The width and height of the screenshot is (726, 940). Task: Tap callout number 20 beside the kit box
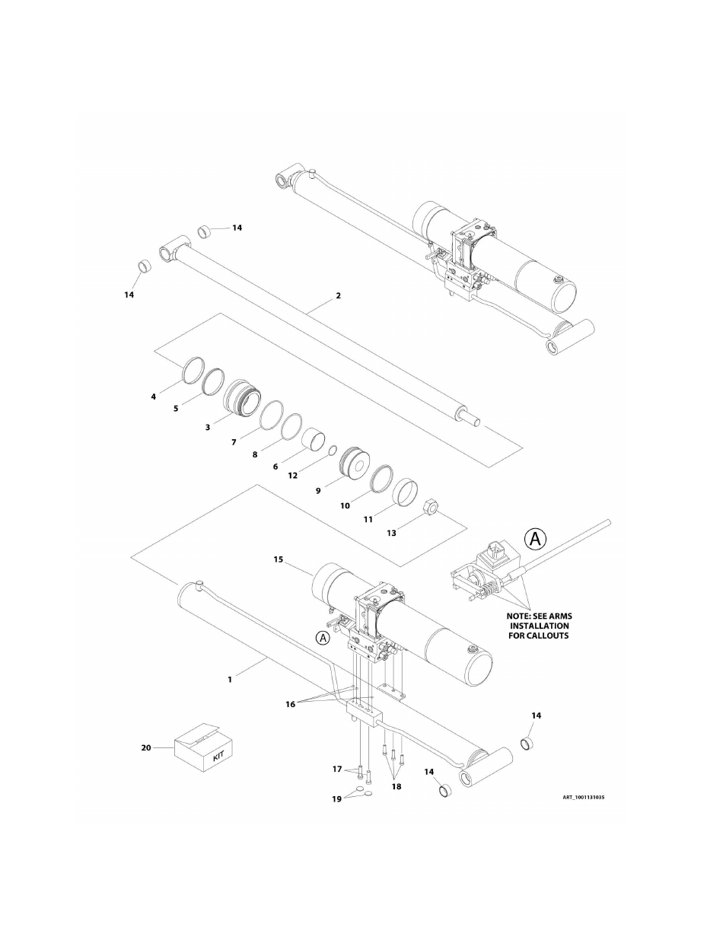pyautogui.click(x=146, y=748)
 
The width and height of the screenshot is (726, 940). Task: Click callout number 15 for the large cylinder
pyautogui.click(x=278, y=559)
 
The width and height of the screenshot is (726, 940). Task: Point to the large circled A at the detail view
pyautogui.click(x=535, y=539)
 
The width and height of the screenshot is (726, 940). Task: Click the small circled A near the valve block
pyautogui.click(x=323, y=638)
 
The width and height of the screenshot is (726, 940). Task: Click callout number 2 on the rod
pyautogui.click(x=338, y=295)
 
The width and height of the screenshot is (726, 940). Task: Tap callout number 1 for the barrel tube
pyautogui.click(x=229, y=680)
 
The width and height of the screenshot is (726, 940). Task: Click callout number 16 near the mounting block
pyautogui.click(x=290, y=704)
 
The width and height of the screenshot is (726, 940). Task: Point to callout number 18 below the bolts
pyautogui.click(x=396, y=787)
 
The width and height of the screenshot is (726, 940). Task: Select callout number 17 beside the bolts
pyautogui.click(x=337, y=770)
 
